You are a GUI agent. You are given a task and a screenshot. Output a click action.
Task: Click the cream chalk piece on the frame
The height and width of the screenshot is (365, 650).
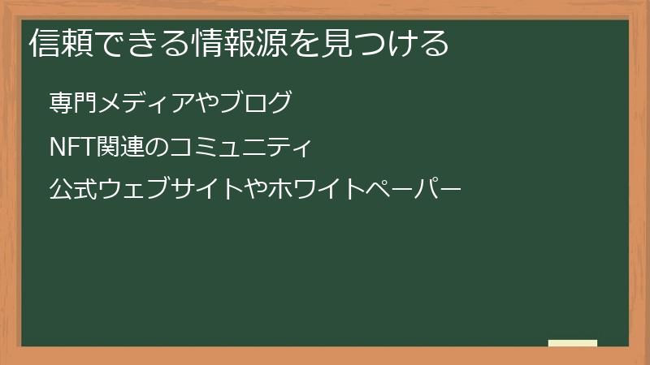click(x=573, y=343)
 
